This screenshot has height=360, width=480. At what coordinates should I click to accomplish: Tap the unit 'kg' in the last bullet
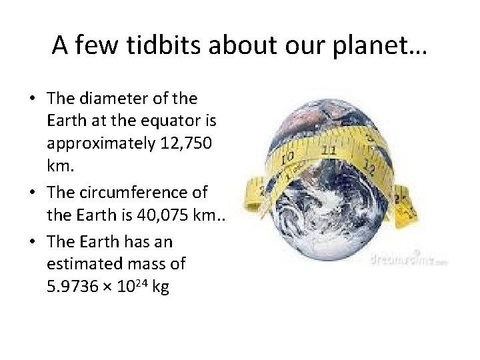pyautogui.click(x=161, y=288)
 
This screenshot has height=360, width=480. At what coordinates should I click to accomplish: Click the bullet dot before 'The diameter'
pyautogui.click(x=33, y=99)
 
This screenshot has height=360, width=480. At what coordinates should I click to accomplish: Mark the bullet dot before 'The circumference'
pyautogui.click(x=33, y=193)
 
